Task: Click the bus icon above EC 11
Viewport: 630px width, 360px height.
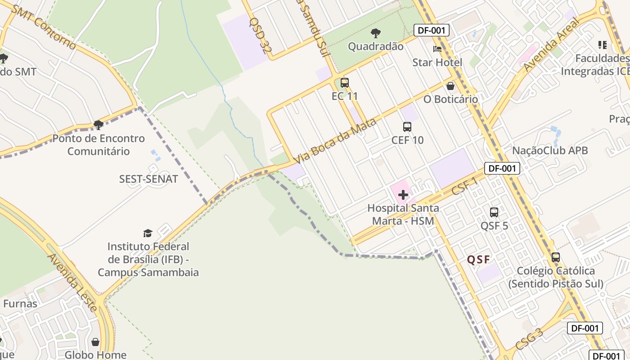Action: click(345, 83)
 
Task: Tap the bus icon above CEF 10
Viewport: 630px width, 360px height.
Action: click(407, 127)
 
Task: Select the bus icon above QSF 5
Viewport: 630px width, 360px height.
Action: click(494, 212)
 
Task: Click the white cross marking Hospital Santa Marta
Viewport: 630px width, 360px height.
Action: click(403, 195)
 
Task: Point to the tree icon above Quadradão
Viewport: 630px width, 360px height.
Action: click(376, 33)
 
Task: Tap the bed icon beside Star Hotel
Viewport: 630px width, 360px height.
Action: click(437, 49)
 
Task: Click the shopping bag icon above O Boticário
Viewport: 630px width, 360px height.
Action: click(450, 86)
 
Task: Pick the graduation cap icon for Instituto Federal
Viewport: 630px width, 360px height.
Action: click(148, 233)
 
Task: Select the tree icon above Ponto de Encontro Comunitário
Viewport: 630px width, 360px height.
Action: click(99, 125)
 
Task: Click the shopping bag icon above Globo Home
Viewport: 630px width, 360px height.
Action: click(95, 342)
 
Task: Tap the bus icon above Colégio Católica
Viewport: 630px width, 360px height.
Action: click(556, 257)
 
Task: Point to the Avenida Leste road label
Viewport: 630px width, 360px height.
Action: click(72, 283)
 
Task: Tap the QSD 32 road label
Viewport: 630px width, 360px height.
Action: click(260, 38)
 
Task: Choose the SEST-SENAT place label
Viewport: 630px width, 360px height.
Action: click(148, 179)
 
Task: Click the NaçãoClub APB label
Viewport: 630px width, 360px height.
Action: click(550, 150)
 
